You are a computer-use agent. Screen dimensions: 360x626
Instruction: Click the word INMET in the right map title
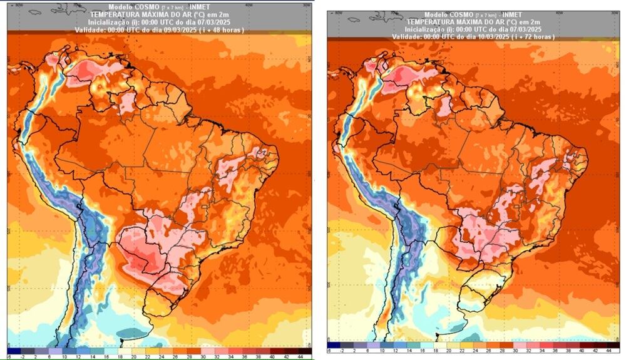point(512,14)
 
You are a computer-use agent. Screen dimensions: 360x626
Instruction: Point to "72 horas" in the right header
point(544,37)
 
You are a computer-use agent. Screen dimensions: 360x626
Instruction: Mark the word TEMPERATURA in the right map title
point(421,22)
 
